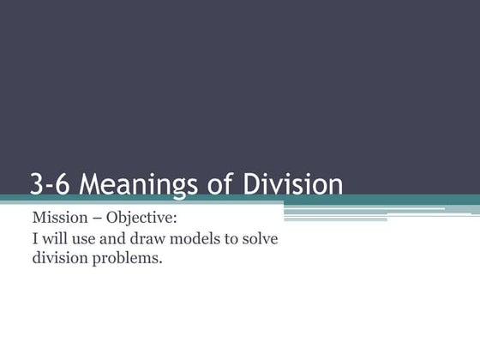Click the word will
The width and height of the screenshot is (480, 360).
(54, 237)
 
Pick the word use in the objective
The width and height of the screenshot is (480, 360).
(85, 238)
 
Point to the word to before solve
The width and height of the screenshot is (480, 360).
(236, 237)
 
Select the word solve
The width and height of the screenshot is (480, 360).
(266, 237)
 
